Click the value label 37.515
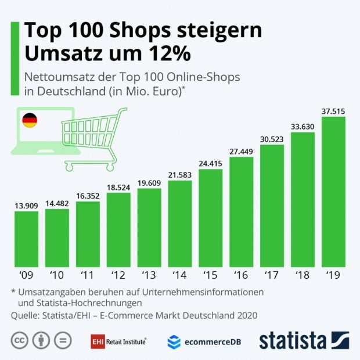(x=333, y=111)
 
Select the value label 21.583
(x=180, y=175)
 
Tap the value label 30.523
(x=272, y=139)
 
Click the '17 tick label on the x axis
(x=272, y=273)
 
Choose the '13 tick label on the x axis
(x=149, y=273)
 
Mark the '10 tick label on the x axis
(x=57, y=273)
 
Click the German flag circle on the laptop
(x=30, y=121)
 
